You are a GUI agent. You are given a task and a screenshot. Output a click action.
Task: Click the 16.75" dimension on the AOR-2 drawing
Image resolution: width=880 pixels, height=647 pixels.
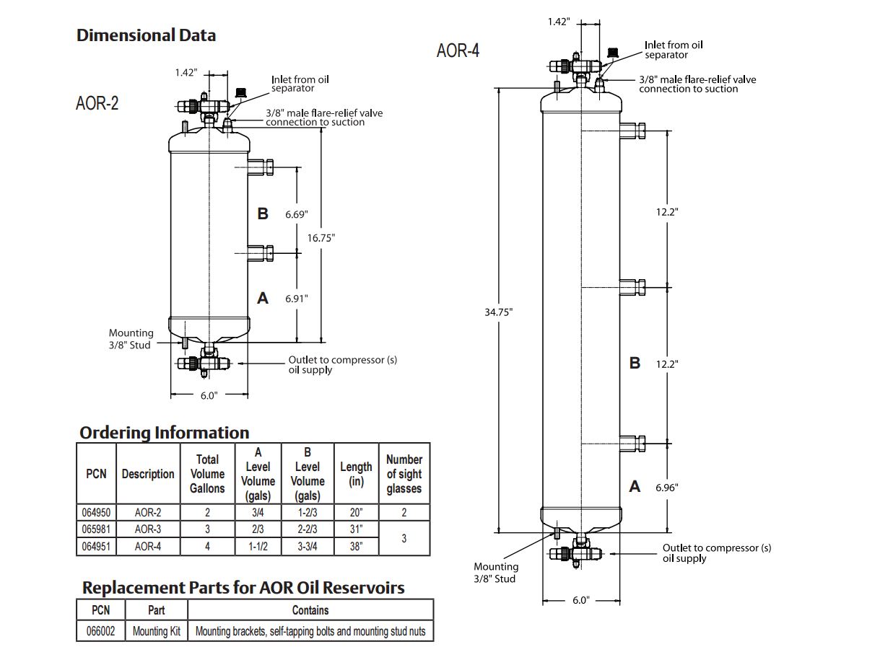321,237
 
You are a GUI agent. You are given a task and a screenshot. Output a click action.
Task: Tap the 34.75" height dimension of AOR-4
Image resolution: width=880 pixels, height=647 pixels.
498,312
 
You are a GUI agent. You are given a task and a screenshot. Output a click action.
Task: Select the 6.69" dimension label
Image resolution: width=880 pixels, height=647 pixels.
296,214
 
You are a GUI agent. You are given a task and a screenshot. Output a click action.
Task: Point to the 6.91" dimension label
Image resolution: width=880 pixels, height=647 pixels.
296,297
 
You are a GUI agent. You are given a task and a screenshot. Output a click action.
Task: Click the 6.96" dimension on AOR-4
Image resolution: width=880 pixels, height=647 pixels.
667,487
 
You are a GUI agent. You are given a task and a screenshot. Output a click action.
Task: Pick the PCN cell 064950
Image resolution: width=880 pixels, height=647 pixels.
96,512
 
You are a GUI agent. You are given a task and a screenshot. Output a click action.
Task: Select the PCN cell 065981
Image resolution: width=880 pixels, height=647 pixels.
96,529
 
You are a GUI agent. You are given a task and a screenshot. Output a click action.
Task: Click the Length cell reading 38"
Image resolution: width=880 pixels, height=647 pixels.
356,546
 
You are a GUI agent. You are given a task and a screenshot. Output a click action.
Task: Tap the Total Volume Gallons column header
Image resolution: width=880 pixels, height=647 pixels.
207,473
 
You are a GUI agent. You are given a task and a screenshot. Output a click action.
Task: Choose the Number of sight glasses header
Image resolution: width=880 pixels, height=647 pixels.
404,473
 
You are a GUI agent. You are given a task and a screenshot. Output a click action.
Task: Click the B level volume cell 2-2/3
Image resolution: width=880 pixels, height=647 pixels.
308,529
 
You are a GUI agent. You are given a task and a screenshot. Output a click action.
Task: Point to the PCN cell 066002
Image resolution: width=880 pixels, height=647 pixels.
100,631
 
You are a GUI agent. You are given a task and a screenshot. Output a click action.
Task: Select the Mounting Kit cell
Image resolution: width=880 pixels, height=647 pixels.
156,631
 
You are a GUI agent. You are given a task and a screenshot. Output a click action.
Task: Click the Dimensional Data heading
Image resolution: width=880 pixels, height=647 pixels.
146,35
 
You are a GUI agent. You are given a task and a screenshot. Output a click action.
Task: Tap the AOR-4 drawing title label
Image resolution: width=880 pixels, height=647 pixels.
458,50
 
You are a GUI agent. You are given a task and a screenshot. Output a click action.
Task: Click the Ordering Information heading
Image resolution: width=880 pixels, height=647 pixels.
164,432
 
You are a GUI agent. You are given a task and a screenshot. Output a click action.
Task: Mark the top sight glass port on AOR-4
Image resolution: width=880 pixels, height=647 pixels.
632,131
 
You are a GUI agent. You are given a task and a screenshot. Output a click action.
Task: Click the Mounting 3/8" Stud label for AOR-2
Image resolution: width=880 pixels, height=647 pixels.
131,339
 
